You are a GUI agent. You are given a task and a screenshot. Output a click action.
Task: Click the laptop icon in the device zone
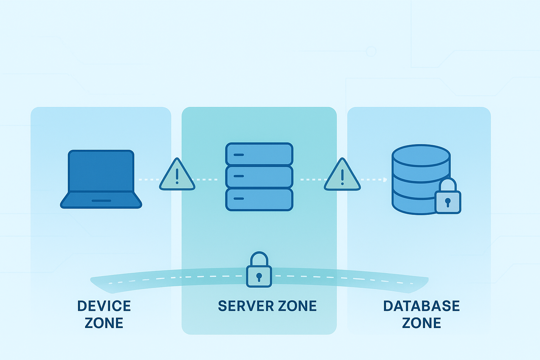[x=101, y=179]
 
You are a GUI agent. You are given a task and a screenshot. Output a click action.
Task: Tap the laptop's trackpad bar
[x=101, y=201]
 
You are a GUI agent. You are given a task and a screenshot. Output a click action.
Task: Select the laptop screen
[x=101, y=171]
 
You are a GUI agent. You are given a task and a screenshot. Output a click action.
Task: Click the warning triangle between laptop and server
[x=177, y=176]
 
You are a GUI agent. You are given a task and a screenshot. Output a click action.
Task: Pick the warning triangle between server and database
[x=342, y=176]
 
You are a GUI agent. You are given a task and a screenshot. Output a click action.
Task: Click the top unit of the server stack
[x=259, y=154]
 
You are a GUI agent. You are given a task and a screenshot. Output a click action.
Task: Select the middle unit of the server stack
[x=259, y=176]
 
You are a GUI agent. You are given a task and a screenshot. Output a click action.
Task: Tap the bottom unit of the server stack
[x=259, y=199]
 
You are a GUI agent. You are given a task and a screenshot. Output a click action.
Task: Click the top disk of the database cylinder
[x=421, y=155]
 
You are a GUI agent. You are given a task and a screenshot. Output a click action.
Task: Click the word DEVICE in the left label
[x=104, y=306]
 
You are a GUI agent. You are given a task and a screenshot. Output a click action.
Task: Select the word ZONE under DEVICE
[x=104, y=323]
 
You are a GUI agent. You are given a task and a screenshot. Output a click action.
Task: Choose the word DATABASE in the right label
[x=421, y=306]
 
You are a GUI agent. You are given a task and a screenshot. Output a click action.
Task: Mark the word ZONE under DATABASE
[x=421, y=323]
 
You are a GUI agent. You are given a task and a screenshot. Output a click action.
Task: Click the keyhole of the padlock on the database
[x=448, y=202]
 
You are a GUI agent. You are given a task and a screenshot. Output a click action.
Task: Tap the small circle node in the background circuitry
[x=371, y=51]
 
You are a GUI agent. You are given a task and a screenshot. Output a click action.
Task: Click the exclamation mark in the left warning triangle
[x=177, y=176]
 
